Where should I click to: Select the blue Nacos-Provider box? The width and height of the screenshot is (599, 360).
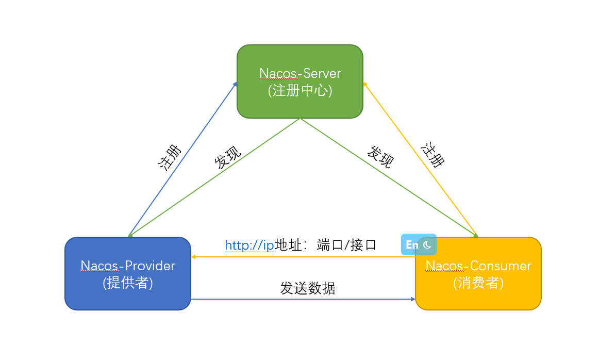point(128,297)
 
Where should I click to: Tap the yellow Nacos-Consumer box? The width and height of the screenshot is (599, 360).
point(478,297)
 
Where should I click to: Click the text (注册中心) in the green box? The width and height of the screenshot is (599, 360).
point(300,91)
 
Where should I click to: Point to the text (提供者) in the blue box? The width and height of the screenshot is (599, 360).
point(128,283)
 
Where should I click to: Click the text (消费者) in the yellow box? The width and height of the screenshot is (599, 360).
point(478,283)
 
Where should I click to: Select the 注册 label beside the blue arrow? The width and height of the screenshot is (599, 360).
point(170,157)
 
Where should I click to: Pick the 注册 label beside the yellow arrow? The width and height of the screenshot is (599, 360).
point(432,155)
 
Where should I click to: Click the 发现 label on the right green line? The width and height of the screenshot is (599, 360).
point(380,157)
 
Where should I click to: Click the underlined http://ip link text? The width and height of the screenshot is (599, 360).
point(249,245)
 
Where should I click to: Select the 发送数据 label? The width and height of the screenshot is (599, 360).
point(308,288)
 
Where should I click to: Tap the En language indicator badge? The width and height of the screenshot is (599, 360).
point(412,245)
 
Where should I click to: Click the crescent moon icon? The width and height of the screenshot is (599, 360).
point(427,245)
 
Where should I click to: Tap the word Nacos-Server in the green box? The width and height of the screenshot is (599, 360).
point(300,73)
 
